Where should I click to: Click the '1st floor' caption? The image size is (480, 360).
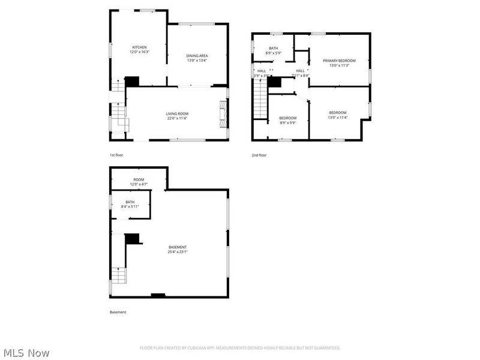(x=116, y=155)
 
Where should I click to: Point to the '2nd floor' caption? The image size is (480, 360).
(x=259, y=155)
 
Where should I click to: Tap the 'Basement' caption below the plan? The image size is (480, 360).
(x=118, y=312)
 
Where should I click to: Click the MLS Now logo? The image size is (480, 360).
(x=26, y=353)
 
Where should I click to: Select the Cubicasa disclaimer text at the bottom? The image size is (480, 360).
(x=240, y=348)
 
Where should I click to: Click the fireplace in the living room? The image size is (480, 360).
(x=223, y=114)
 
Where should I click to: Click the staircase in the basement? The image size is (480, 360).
(x=119, y=276)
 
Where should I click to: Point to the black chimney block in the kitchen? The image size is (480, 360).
(x=131, y=81)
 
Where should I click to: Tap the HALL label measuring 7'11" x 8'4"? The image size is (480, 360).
(x=300, y=73)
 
